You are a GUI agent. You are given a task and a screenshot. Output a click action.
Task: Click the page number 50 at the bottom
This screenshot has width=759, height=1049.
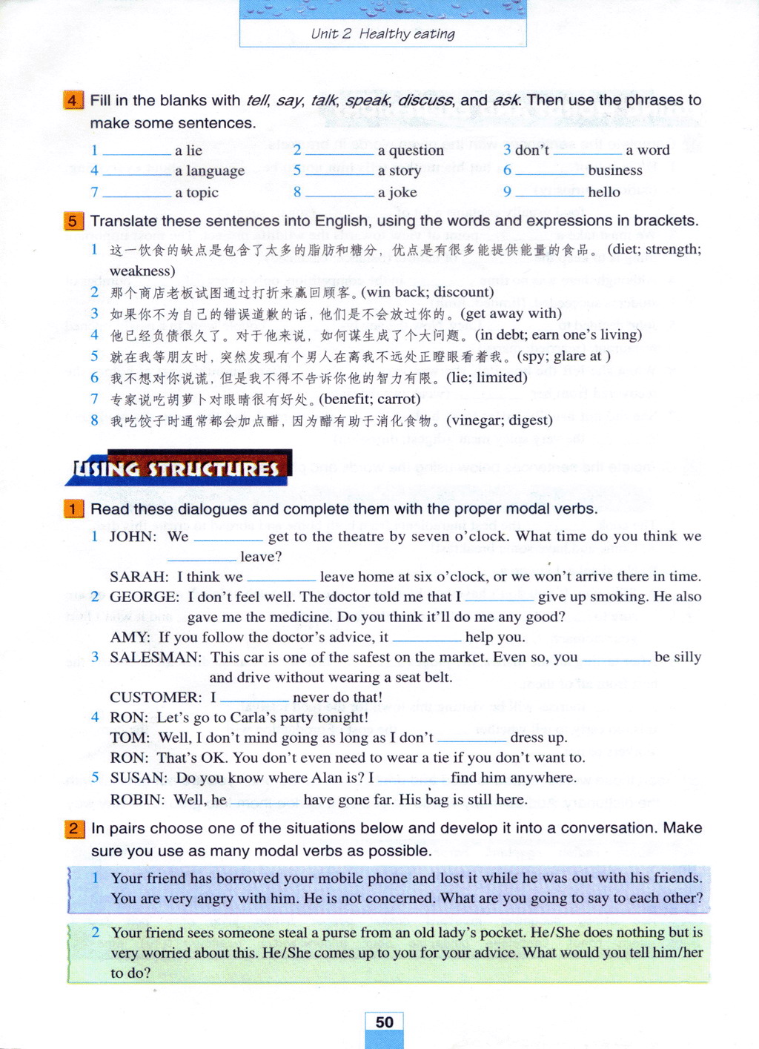384,1022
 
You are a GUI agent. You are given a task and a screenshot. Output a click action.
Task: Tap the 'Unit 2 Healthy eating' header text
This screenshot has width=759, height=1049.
382,33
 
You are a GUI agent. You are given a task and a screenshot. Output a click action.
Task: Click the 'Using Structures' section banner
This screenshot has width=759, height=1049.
178,469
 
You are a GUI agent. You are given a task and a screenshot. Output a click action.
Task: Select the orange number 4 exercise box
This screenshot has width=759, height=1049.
73,100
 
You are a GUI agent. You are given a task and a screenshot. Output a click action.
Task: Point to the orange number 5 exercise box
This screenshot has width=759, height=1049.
73,221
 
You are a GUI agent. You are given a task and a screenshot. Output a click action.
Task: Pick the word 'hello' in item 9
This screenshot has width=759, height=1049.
603,192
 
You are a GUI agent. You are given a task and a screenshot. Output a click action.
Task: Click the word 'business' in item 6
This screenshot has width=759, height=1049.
614,171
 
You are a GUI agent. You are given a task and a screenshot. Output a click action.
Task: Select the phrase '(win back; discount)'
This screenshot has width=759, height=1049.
427,292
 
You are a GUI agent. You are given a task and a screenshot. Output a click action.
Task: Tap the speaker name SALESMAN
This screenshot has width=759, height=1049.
156,657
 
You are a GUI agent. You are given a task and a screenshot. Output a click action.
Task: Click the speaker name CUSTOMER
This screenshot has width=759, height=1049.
156,697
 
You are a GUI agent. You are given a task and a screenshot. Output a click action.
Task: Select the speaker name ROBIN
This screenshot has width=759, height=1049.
138,799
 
